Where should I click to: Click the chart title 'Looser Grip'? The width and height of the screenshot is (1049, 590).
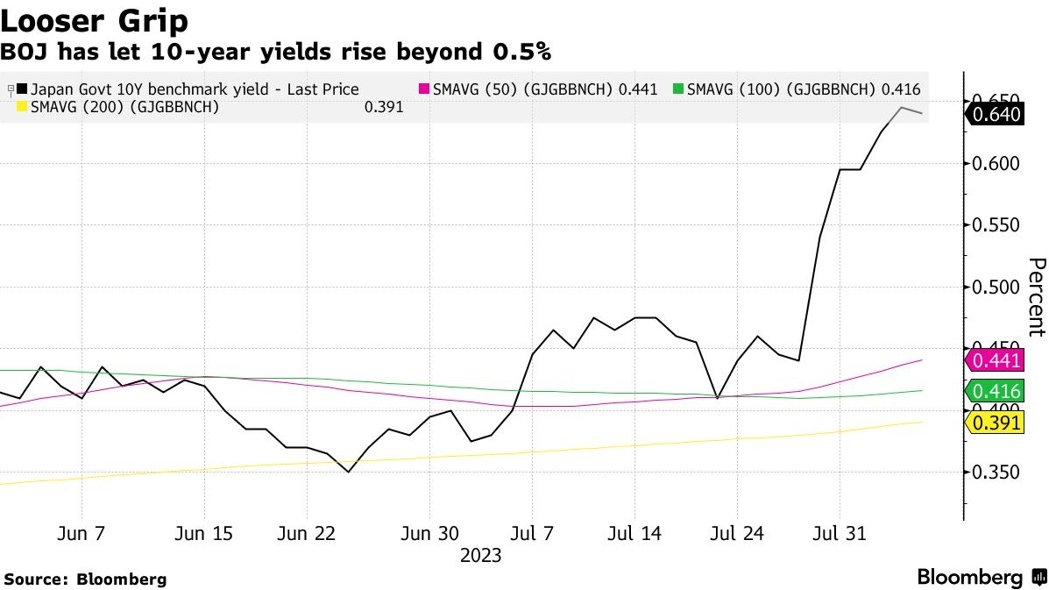[96, 19]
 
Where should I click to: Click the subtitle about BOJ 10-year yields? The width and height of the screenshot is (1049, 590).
[275, 53]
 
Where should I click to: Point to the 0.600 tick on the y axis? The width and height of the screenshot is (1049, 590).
[997, 164]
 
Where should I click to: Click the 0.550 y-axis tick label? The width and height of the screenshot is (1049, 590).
[997, 225]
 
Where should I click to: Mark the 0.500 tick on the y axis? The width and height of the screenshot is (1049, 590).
[997, 288]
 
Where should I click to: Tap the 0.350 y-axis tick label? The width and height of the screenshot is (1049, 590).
[997, 473]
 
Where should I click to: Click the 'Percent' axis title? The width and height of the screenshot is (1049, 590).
[1036, 296]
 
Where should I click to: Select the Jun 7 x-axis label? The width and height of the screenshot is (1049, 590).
[82, 533]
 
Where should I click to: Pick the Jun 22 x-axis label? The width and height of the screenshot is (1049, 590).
[307, 533]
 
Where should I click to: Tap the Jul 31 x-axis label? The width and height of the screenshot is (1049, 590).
[840, 533]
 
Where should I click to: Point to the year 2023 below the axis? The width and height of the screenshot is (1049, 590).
[481, 556]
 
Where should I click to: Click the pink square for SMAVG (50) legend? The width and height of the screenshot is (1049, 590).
[426, 89]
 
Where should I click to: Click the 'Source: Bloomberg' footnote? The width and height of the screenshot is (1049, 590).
[85, 579]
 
